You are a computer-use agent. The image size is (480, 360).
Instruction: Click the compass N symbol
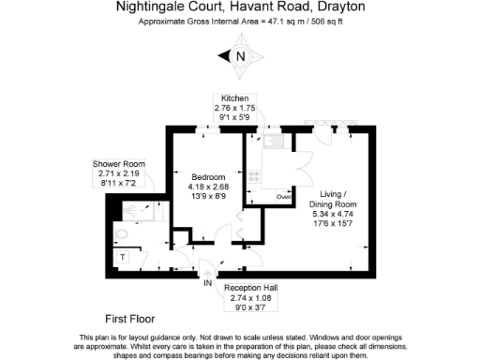click(240, 56)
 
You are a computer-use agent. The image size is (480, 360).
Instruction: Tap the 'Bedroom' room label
click(208, 177)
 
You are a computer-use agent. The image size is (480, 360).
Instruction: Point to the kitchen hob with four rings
click(255, 176)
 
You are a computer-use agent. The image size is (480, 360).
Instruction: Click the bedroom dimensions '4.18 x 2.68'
click(209, 187)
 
